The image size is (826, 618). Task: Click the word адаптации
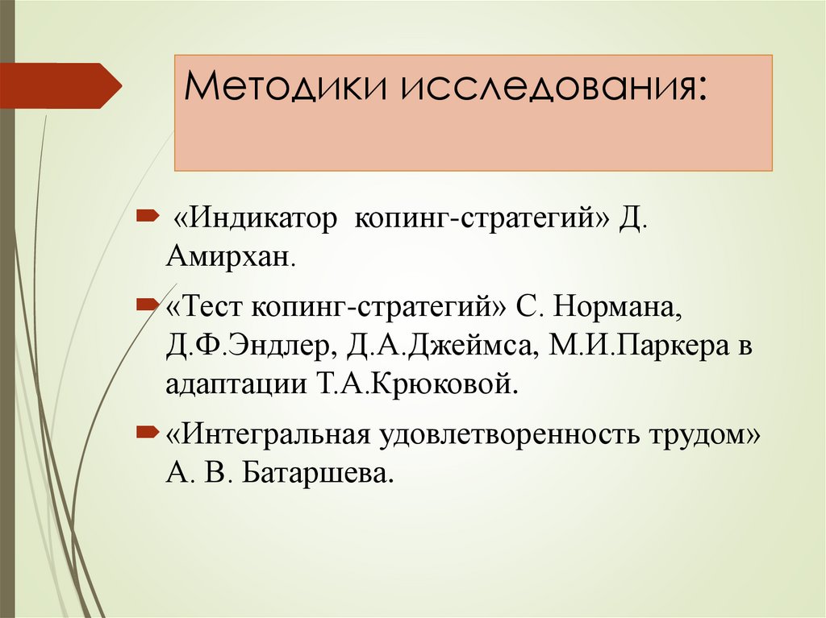230,384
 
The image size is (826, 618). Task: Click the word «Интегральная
267,435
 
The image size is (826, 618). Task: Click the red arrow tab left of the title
60,85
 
